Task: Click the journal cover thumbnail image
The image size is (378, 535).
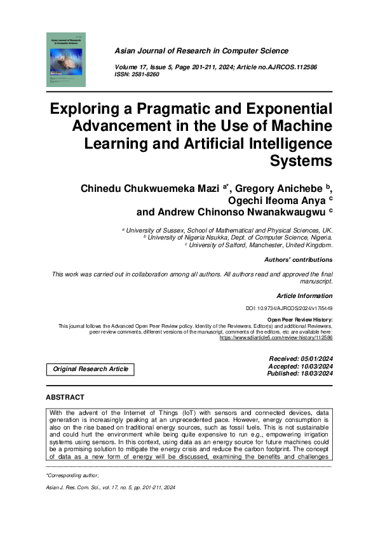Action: pos(65,61)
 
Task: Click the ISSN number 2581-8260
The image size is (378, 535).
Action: pos(147,75)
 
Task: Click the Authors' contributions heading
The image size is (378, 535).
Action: pos(298,260)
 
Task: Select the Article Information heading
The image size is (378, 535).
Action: pos(304,296)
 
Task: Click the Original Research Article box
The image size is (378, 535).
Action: pos(90,369)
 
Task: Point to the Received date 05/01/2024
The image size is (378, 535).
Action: pos(301,359)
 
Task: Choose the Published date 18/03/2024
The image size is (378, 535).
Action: pos(300,374)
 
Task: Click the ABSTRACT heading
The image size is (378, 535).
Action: pos(65,398)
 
